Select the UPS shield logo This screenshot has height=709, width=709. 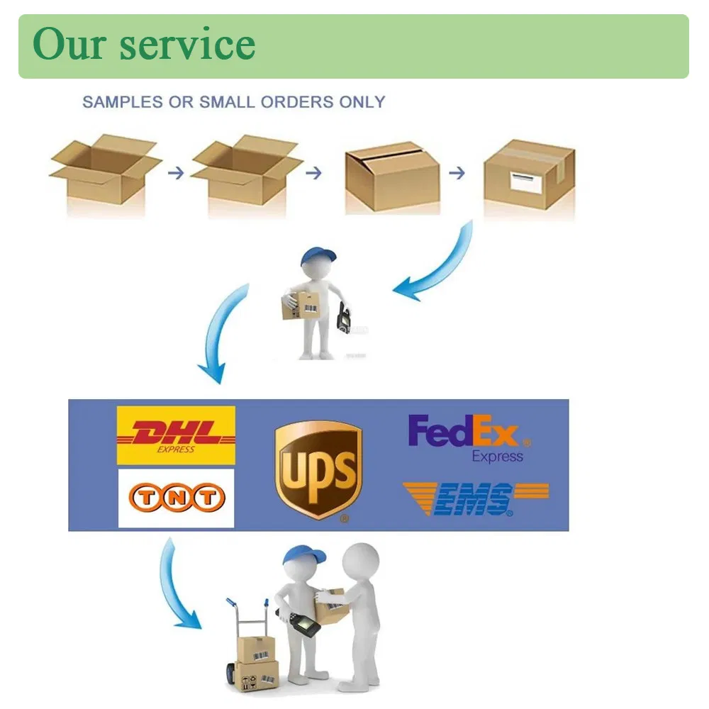click(318, 469)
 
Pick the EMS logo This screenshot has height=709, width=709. click(475, 498)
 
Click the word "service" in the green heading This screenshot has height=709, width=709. click(187, 45)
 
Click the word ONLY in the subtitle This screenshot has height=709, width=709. click(361, 102)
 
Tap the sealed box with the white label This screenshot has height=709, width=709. click(529, 175)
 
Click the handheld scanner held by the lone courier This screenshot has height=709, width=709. click(345, 317)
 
